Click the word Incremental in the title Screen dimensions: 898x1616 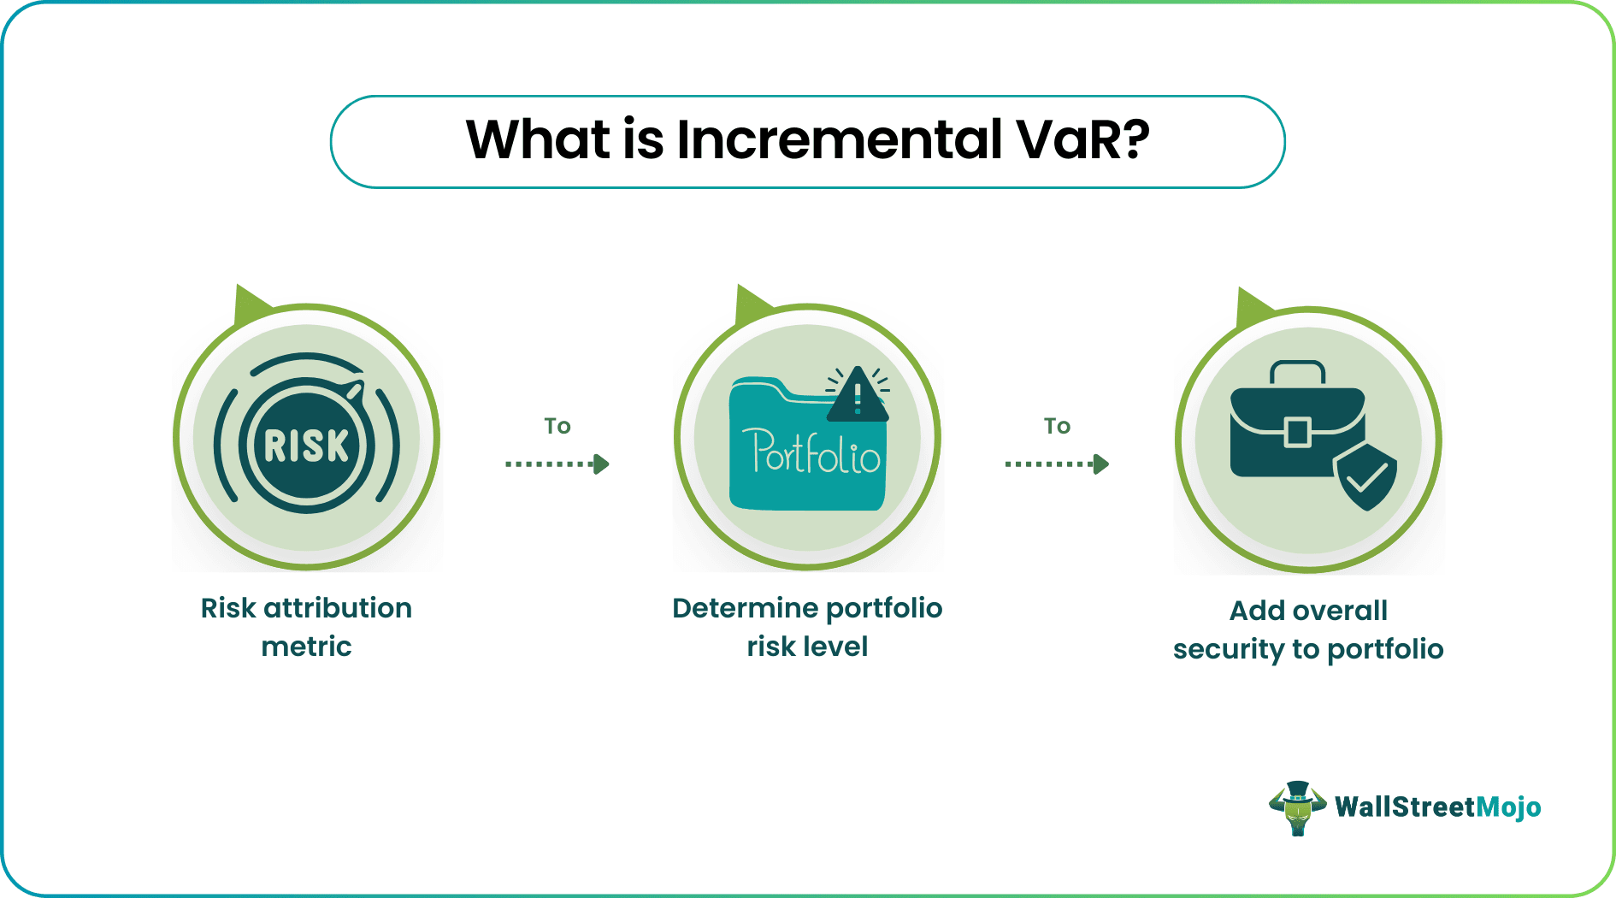pos(839,139)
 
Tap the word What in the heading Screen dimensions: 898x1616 pos(539,139)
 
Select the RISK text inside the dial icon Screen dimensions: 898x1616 pos(306,446)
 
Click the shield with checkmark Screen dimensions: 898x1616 pos(1365,477)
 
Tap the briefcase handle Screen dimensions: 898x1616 pos(1297,372)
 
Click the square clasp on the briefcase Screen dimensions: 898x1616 pos(1297,432)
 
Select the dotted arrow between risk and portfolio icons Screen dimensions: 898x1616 pos(557,464)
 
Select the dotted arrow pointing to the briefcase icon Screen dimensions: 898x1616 pos(1057,464)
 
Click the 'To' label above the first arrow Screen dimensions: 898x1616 pos(557,426)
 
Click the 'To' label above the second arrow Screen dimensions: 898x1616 pos(1057,426)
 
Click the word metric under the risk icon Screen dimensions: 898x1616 pos(306,647)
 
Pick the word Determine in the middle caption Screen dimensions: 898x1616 pos(744,608)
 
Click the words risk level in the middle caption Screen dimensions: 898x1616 pos(807,647)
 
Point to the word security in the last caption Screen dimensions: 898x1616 pos(1228,649)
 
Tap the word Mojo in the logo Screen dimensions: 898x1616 pos(1508,807)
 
